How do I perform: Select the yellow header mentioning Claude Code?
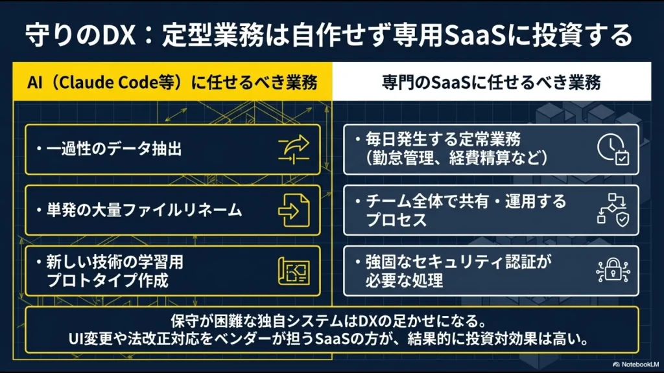172,82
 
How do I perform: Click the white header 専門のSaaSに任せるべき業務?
490,82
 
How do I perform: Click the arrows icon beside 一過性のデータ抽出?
294,150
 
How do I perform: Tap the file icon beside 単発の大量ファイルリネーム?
294,210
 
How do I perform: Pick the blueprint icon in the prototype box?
294,271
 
